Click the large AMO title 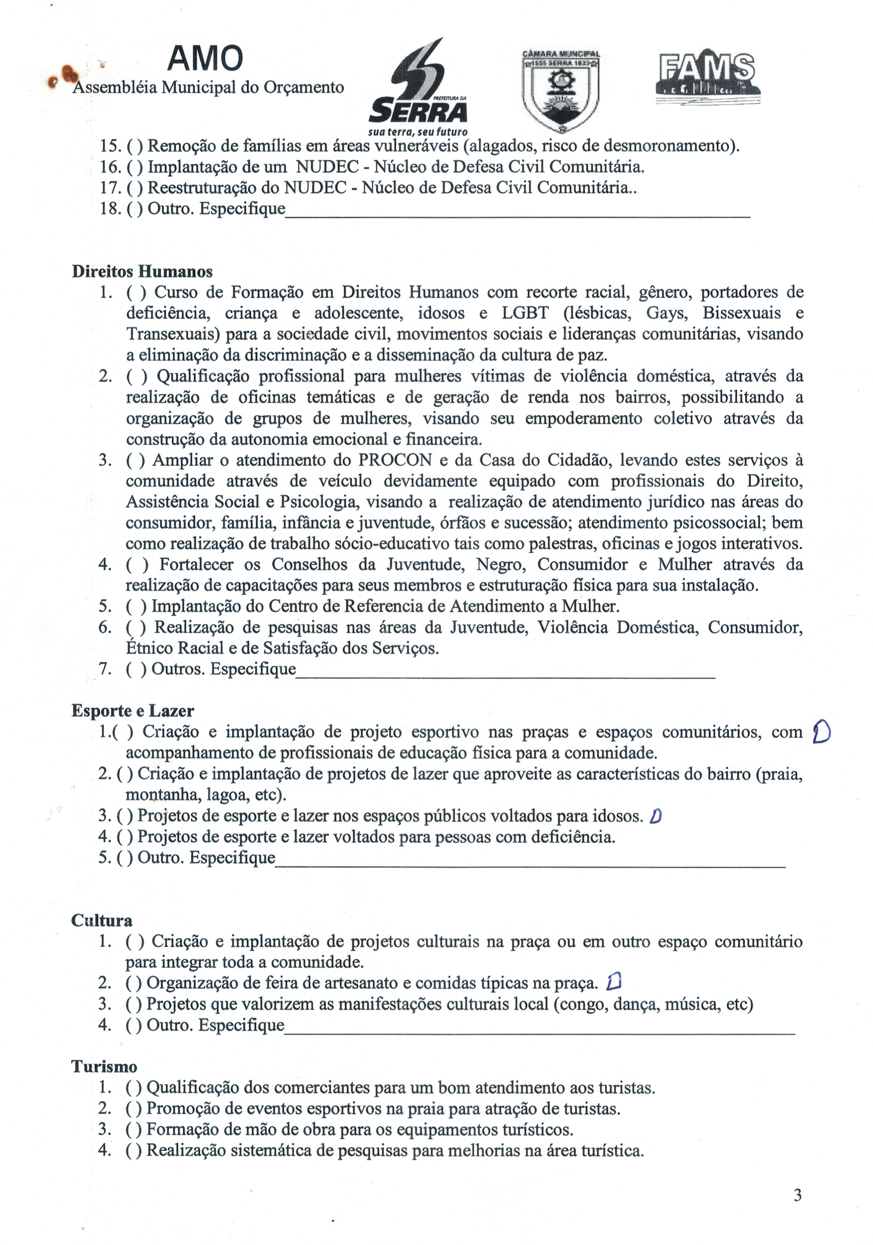[x=205, y=59]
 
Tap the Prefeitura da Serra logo [x=417, y=87]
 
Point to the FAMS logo [x=708, y=76]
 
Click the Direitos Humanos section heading [x=142, y=272]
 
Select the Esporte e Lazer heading [x=132, y=711]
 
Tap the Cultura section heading [x=102, y=921]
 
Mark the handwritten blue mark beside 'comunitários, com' [x=822, y=733]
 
